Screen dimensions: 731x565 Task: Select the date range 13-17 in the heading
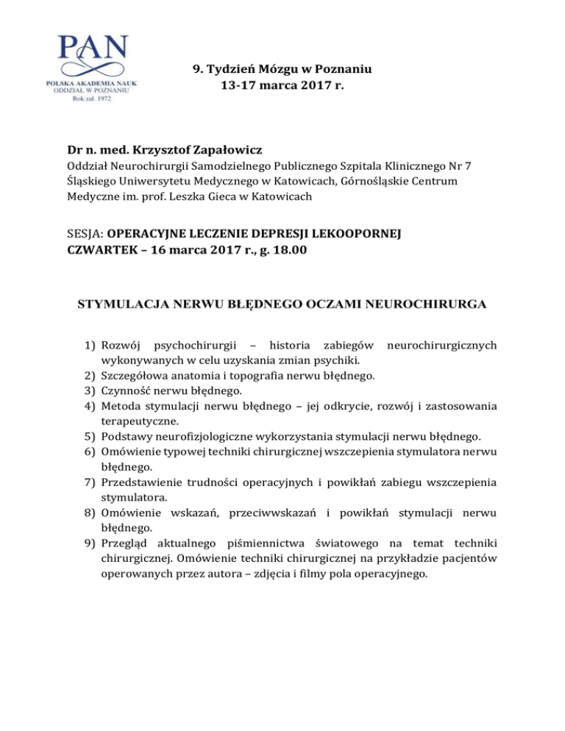(x=240, y=86)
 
